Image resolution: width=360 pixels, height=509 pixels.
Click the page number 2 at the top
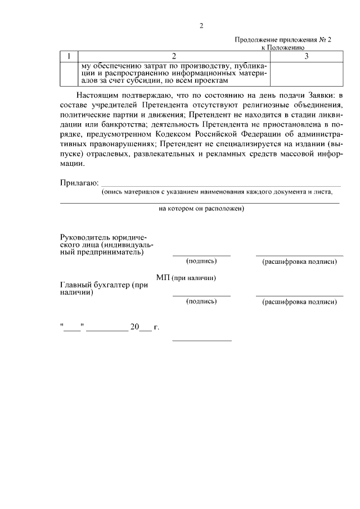coord(201,26)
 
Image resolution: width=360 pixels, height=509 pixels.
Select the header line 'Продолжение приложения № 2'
coord(283,40)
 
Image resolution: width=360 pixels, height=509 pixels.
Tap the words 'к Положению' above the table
coord(283,48)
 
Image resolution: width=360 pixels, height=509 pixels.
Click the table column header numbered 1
coord(69,56)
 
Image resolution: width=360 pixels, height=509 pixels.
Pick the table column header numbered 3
coord(306,56)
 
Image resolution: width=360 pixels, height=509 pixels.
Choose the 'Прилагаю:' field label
coord(79,183)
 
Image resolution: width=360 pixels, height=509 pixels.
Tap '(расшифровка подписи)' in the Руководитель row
coord(299,262)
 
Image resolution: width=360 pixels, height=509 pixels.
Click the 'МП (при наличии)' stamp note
coord(186,278)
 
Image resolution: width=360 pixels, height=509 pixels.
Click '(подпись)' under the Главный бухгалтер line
coord(201,301)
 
